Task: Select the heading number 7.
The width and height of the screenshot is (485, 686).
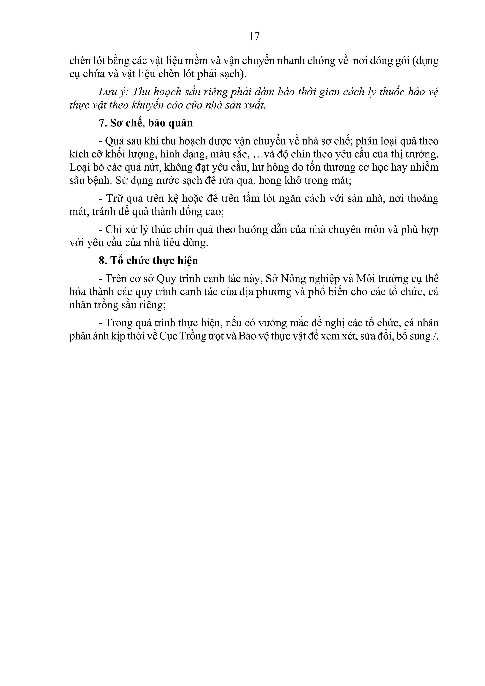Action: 101,123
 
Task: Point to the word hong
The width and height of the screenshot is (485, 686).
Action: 270,181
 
